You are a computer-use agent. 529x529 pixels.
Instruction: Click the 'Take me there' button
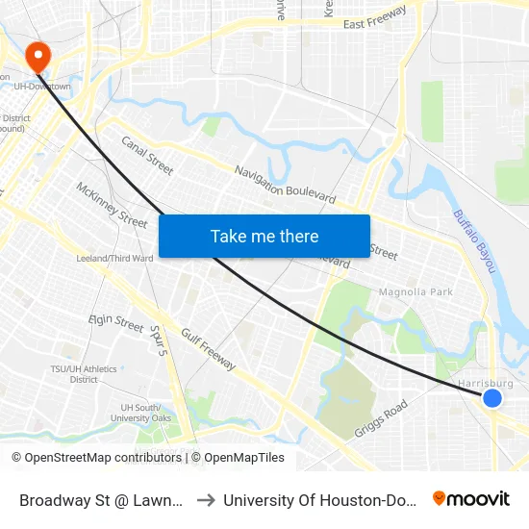[264, 236]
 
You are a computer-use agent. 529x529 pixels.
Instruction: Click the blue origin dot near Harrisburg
[492, 398]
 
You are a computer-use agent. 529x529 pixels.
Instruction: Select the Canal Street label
[147, 155]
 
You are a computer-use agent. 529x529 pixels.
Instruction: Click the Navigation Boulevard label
[286, 183]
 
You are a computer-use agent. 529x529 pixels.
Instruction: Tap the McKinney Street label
[112, 205]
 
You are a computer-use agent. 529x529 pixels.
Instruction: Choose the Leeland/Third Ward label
[115, 258]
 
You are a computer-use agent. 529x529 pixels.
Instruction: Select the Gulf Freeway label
[206, 346]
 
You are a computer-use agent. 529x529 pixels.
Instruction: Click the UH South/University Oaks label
[140, 413]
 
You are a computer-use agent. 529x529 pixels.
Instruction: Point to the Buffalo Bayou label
[472, 240]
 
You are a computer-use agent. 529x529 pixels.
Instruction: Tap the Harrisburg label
[486, 383]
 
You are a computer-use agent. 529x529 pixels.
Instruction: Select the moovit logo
[470, 499]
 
